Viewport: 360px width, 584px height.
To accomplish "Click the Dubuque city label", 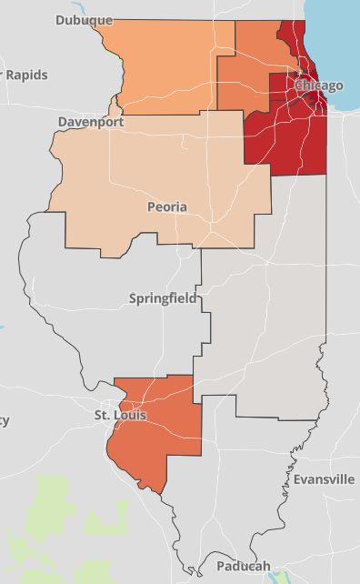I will click(84, 19).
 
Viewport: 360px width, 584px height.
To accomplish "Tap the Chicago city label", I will click(319, 86).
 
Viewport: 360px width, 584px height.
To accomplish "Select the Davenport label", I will click(90, 121).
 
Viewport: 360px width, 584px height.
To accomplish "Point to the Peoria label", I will click(167, 207).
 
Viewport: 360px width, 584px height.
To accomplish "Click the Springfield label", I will click(162, 298).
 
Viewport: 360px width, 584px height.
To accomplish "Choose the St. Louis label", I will click(120, 416).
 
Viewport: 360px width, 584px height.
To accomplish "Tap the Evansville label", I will click(324, 479).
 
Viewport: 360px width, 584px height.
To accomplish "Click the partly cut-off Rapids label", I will click(26, 75).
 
